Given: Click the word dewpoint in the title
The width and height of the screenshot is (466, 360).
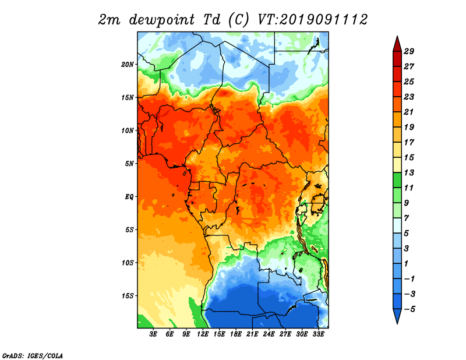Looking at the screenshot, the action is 162,20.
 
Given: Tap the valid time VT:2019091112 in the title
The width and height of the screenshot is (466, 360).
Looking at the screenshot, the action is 312,20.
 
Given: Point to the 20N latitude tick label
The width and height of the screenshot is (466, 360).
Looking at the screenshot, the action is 128,65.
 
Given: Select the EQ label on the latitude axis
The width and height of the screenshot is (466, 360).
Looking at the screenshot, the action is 129,197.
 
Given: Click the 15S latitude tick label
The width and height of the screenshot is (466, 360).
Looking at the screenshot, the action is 128,296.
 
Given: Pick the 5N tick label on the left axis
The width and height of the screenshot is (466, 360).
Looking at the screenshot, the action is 129,164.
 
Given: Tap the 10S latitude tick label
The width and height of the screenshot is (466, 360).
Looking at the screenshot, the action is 128,263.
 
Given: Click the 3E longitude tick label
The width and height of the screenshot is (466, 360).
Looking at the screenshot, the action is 153,334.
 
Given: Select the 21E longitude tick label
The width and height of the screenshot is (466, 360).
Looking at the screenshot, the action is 252,334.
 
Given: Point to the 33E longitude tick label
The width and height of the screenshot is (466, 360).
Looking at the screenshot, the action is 318,334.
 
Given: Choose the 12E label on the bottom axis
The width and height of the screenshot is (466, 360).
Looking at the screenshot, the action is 203,334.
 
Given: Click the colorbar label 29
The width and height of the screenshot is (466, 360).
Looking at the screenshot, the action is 409,51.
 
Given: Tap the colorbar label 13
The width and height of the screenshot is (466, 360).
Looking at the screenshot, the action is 409,172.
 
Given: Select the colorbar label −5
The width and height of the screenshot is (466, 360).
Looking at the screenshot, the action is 409,309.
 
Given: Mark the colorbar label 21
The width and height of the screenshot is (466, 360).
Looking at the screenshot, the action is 409,112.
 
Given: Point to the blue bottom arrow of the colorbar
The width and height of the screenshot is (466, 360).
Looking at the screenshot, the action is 397,315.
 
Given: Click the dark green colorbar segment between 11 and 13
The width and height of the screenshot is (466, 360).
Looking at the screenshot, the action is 397,180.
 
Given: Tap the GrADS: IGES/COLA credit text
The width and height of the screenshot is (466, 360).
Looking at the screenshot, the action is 33,356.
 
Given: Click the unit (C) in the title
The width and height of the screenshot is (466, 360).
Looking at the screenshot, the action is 238,20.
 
